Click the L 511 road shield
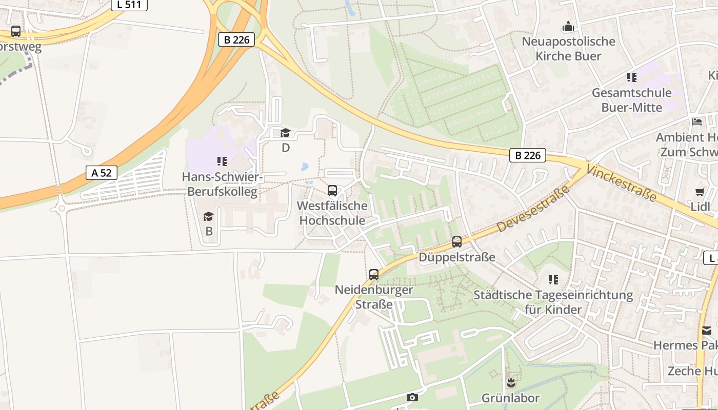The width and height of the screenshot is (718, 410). click(129, 5)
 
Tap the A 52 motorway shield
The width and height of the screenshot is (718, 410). click(102, 173)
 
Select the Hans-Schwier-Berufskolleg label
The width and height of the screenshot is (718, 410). click(222, 184)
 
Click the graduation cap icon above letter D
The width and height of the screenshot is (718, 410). click(286, 133)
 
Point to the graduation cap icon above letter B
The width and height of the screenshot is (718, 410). click(209, 217)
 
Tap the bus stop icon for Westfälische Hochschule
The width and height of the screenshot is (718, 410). click(332, 191)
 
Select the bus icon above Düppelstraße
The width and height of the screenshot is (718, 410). click(457, 242)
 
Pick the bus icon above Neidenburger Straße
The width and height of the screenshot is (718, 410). click(374, 275)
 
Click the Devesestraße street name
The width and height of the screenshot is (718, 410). click(534, 209)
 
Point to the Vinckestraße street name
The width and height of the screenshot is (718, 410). click(621, 183)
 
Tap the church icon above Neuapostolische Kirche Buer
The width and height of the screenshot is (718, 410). click(568, 26)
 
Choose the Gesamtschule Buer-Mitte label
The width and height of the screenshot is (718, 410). click(631, 100)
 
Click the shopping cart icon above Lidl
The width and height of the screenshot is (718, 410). click(700, 192)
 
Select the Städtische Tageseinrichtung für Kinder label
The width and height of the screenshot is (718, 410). click(553, 302)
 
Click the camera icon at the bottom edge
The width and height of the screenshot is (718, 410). click(412, 397)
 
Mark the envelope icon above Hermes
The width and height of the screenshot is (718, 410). click(707, 331)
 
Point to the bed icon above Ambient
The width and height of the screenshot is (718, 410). click(697, 122)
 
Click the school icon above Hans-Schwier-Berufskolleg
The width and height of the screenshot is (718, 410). click(222, 162)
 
